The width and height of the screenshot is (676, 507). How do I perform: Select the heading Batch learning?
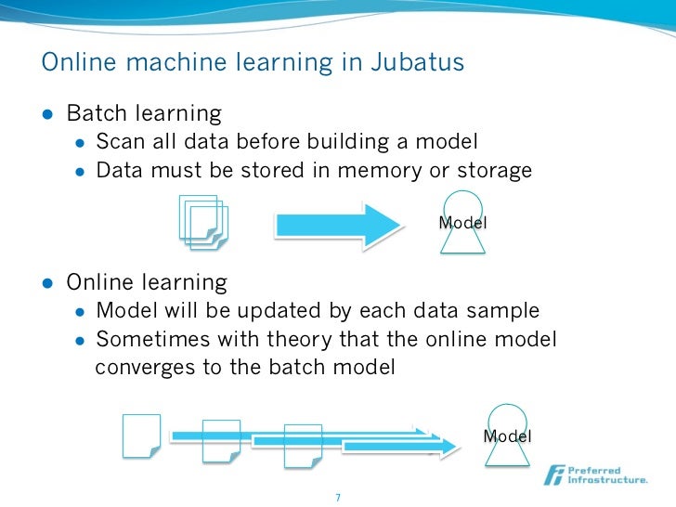pyautogui.click(x=144, y=114)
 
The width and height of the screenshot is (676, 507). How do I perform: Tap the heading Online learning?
pyautogui.click(x=146, y=281)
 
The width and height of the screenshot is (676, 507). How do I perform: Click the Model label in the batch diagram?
pyautogui.click(x=462, y=223)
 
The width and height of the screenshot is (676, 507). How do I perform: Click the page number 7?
pyautogui.click(x=338, y=497)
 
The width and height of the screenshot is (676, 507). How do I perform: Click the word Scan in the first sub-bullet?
pyautogui.click(x=118, y=142)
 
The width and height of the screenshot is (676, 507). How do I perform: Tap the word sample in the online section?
pyautogui.click(x=506, y=310)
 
